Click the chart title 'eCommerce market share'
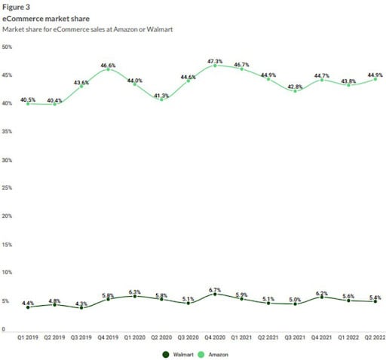click(x=43, y=18)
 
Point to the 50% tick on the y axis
click(x=8, y=47)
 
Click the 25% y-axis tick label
click(x=8, y=188)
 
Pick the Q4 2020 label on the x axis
click(x=216, y=339)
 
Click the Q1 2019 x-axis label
click(x=29, y=339)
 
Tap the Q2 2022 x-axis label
click(x=375, y=339)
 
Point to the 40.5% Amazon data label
click(x=29, y=99)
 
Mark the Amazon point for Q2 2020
click(x=162, y=99)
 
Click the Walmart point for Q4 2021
click(x=322, y=297)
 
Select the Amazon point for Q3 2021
click(x=296, y=91)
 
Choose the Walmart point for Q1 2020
click(x=135, y=297)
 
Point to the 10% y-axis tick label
click(x=8, y=273)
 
